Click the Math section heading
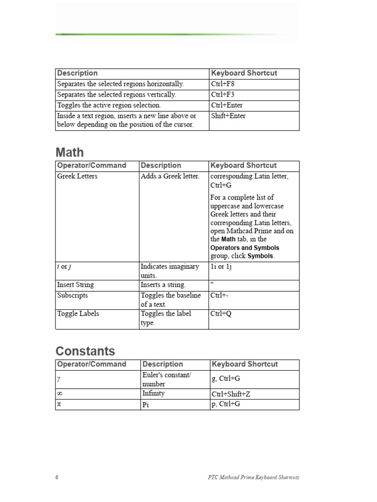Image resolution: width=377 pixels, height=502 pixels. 70,152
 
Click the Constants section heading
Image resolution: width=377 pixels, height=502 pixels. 85,351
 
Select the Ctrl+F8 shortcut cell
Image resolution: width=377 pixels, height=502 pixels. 223,84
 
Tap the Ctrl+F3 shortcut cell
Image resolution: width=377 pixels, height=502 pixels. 223,95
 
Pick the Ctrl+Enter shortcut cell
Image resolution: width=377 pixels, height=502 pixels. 227,105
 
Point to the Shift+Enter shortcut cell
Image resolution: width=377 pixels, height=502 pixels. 228,116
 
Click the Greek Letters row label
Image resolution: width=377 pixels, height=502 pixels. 77,176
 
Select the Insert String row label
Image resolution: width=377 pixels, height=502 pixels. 76,285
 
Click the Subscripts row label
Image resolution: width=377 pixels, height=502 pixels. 73,296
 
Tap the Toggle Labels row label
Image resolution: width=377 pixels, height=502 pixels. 78,314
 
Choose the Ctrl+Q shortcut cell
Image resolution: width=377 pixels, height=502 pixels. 221,314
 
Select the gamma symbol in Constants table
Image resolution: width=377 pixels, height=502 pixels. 59,379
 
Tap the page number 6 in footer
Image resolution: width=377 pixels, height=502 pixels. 57,477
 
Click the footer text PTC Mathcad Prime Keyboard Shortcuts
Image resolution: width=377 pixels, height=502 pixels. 254,477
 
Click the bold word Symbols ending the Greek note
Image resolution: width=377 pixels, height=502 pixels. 261,256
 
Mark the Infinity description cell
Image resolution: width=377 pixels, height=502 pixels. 153,394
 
